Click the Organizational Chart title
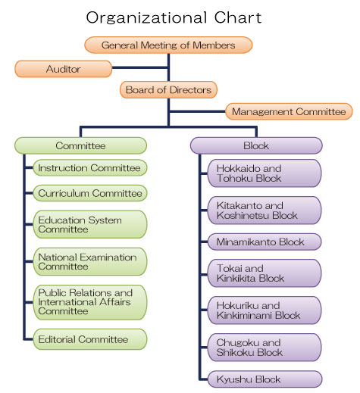click(x=179, y=17)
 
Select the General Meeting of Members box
click(x=168, y=45)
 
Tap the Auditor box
click(x=64, y=69)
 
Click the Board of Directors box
click(x=168, y=90)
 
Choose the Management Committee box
click(x=289, y=112)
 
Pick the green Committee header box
click(x=80, y=145)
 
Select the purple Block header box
click(x=255, y=145)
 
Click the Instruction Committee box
click(x=89, y=167)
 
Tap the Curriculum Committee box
click(x=89, y=193)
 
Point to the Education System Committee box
click(x=89, y=224)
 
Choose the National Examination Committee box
click(x=89, y=262)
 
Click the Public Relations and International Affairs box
click(x=89, y=302)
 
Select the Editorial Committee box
click(x=89, y=339)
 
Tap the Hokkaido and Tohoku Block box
click(x=263, y=173)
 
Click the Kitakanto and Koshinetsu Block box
click(x=263, y=210)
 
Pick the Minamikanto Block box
click(x=263, y=242)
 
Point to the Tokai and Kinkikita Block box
click(x=263, y=274)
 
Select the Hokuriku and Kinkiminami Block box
click(x=263, y=310)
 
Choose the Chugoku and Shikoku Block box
click(x=263, y=347)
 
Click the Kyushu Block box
click(x=263, y=379)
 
